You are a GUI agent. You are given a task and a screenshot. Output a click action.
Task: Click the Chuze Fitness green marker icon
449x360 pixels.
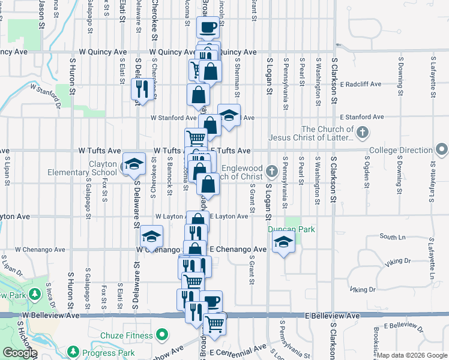(x=161, y=334)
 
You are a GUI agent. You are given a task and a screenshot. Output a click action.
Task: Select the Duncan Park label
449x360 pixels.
(x=292, y=229)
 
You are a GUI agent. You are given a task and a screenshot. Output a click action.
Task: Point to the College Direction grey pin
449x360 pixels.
(x=442, y=149)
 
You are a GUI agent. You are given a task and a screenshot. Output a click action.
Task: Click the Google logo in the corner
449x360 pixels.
(x=20, y=353)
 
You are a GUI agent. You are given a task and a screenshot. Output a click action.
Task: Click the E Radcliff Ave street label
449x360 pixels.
(x=360, y=85)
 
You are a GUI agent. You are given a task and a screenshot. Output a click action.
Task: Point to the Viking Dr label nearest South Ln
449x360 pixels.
(x=398, y=261)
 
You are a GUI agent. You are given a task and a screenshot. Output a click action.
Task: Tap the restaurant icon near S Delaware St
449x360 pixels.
(x=140, y=89)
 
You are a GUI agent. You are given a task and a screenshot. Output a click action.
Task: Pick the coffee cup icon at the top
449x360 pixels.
(x=208, y=27)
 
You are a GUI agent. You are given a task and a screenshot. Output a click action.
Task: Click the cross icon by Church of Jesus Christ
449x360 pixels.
(x=362, y=133)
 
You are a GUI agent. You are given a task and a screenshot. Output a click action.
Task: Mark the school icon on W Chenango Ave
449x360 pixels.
(x=152, y=236)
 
